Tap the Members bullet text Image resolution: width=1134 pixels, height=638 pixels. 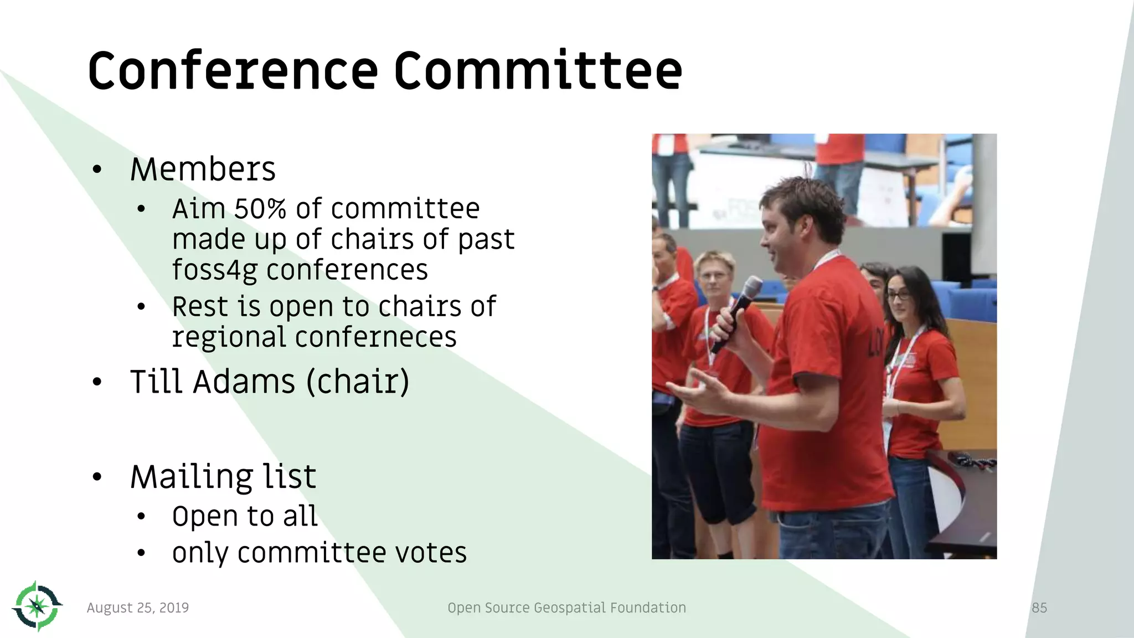203,169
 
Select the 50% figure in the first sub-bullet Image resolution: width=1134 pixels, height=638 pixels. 260,209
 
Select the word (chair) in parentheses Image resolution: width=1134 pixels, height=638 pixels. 358,382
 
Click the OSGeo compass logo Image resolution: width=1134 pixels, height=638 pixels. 37,606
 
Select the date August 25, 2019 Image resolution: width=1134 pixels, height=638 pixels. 138,608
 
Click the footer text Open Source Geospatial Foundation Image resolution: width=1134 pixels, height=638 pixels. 566,608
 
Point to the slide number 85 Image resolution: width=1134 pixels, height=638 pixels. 1039,608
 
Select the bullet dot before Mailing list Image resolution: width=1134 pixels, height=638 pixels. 97,477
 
